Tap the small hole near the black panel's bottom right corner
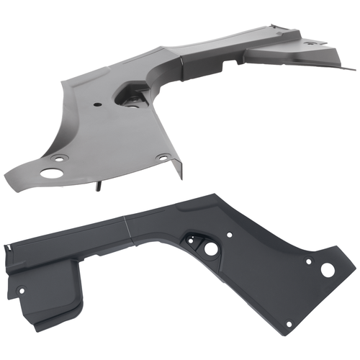289,323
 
